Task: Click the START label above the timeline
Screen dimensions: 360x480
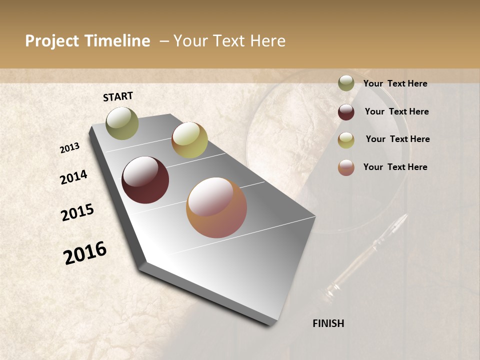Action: click(118, 96)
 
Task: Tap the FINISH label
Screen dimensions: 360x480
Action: click(328, 323)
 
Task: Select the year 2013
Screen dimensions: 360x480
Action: click(70, 147)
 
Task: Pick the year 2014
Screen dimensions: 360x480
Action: click(73, 177)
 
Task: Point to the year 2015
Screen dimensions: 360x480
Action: click(77, 212)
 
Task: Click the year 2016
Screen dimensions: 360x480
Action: click(85, 253)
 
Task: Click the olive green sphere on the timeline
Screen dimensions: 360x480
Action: click(122, 123)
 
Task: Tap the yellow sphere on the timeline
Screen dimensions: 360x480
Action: click(189, 140)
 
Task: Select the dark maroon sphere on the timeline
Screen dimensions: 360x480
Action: click(145, 180)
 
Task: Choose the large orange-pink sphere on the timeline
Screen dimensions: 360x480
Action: click(216, 207)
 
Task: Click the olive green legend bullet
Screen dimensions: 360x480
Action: click(346, 83)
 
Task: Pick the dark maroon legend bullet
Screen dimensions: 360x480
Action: click(346, 112)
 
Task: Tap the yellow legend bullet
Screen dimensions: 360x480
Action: click(346, 140)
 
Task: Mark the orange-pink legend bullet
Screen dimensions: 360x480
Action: click(346, 167)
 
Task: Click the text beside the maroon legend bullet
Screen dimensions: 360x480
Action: click(396, 111)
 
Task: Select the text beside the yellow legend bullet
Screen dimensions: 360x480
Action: click(397, 139)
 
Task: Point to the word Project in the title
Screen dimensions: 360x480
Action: click(52, 41)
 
